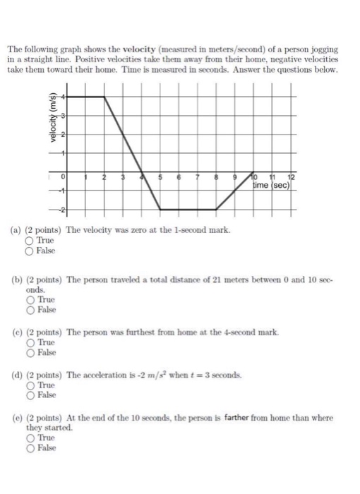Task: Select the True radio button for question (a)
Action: [30, 241]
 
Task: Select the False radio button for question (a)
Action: [30, 251]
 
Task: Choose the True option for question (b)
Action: [30, 299]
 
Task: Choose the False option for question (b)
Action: [30, 309]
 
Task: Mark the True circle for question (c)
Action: [30, 342]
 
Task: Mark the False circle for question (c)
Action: [30, 352]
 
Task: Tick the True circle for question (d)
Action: [30, 385]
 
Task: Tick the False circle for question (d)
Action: [30, 395]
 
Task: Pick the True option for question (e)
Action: [30, 438]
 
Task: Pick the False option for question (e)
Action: [30, 448]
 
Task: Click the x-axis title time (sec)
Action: [272, 186]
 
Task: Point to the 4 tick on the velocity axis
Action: [62, 96]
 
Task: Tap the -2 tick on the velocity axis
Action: [61, 210]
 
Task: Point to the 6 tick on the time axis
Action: [179, 176]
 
